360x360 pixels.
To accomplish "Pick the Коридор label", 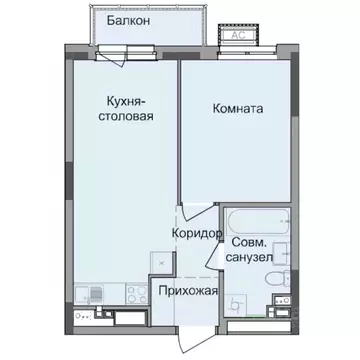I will (196, 232).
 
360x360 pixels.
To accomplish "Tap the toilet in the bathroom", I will (283, 281).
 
